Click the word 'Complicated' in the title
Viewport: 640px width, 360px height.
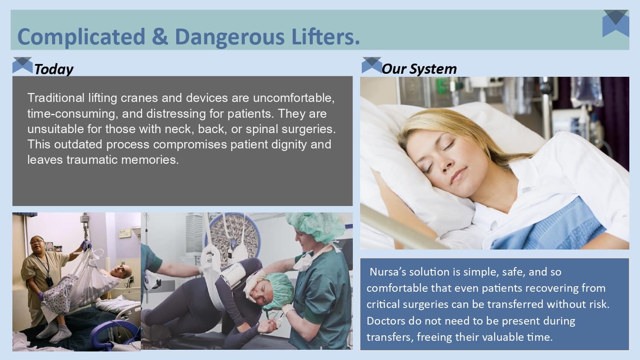click(x=81, y=37)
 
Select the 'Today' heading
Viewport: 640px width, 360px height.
click(x=53, y=69)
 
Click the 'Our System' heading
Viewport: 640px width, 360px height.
click(x=419, y=69)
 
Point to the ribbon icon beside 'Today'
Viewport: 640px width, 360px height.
click(x=22, y=65)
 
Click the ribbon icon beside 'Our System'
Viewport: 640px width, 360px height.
click(x=371, y=65)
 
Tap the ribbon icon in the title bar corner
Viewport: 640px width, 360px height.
click(x=616, y=23)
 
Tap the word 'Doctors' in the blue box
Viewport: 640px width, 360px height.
click(x=386, y=321)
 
